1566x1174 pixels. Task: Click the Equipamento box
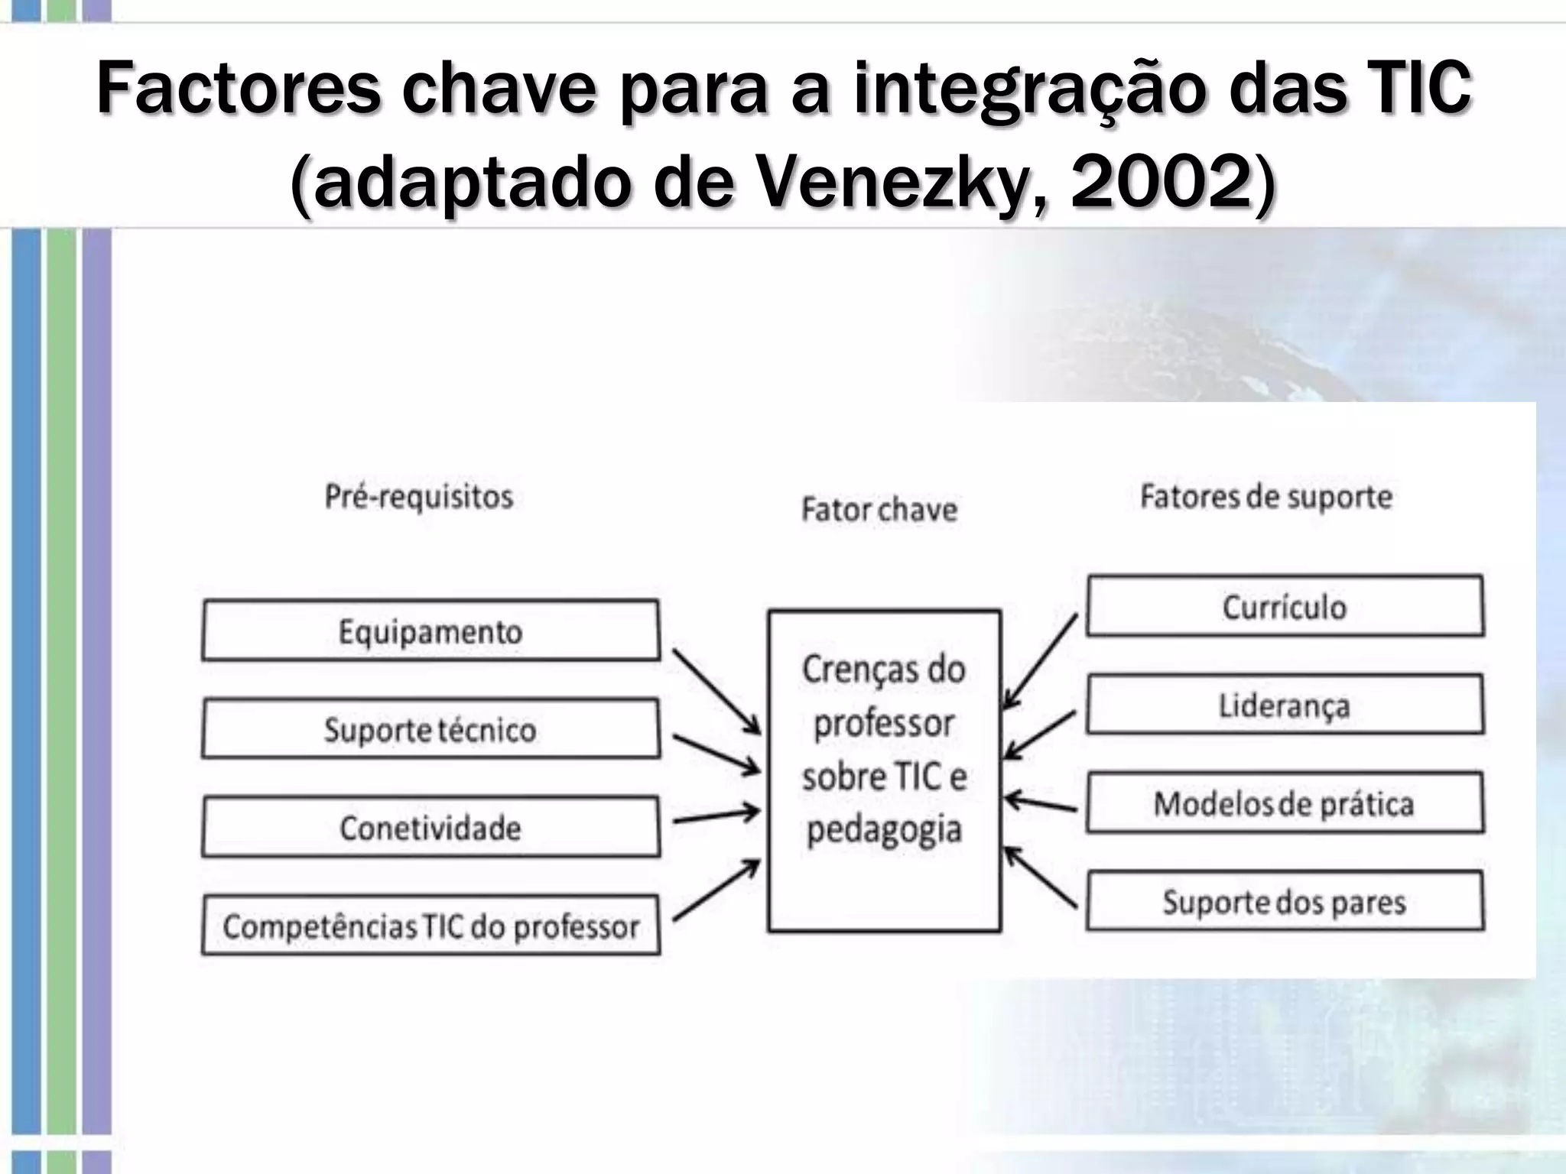point(430,631)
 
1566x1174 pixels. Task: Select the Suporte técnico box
point(430,728)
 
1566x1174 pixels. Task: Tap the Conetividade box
point(430,827)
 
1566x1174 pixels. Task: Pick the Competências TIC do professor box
point(430,926)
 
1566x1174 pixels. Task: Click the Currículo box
point(1285,606)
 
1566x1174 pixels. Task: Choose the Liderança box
point(1285,704)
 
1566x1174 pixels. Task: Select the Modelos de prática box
point(1285,803)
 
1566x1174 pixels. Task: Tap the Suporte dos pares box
point(1285,901)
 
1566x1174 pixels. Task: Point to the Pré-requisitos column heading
point(419,497)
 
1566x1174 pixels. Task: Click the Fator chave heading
point(879,510)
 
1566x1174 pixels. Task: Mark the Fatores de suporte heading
point(1265,497)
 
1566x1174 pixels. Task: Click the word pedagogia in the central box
point(884,830)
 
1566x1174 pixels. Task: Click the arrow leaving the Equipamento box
point(716,691)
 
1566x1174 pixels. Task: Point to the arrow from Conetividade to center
point(716,816)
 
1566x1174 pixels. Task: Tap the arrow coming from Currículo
point(1040,661)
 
